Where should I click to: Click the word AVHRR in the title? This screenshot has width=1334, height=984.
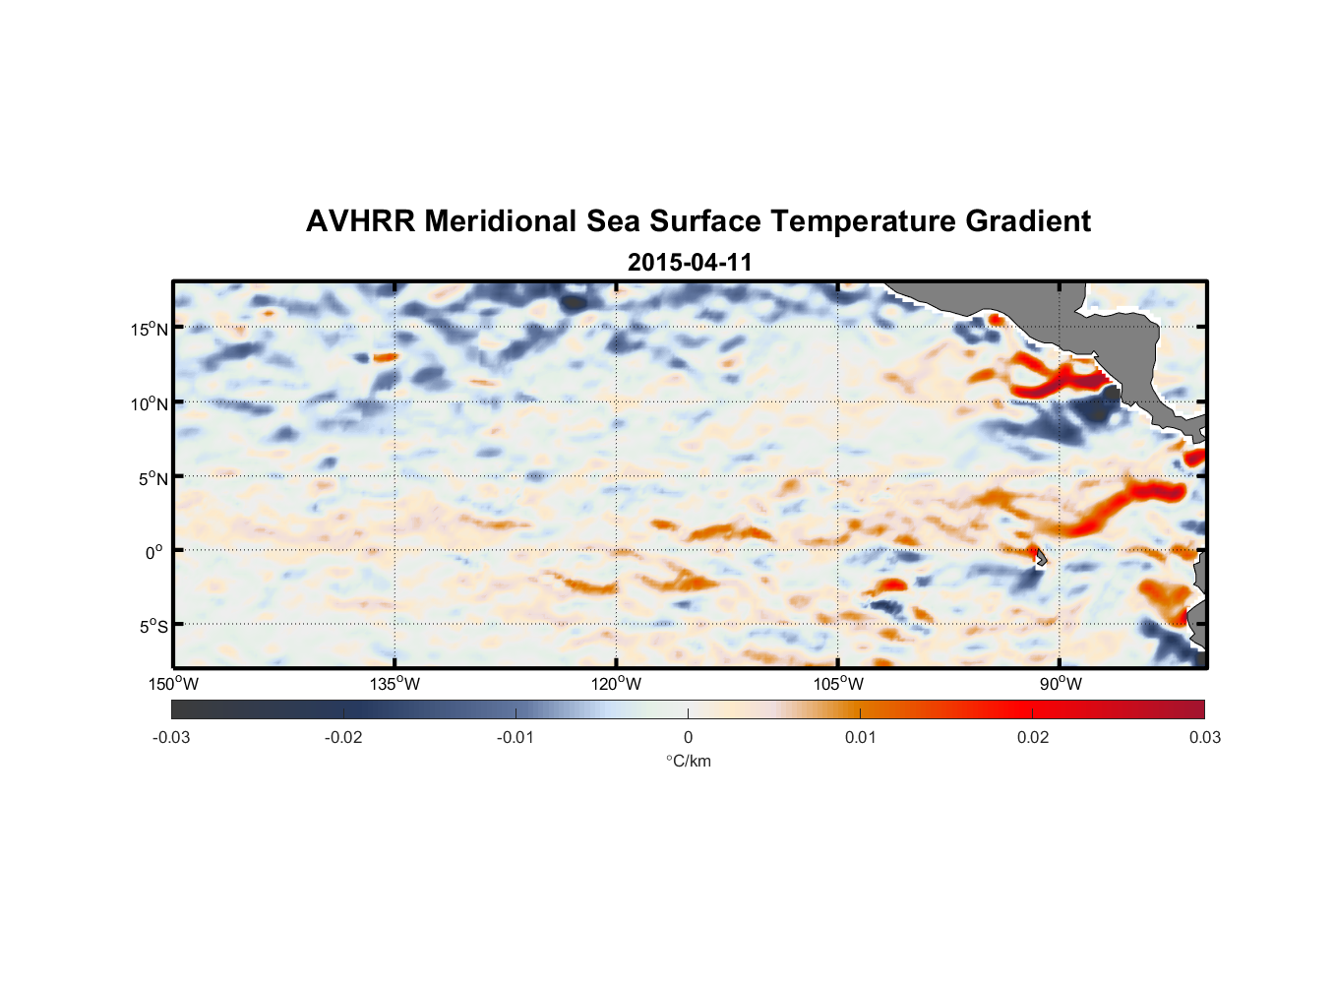pos(360,221)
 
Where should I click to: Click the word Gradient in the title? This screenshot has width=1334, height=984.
pos(1027,221)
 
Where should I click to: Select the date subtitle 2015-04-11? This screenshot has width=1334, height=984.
pos(690,263)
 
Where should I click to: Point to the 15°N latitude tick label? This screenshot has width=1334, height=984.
pos(150,329)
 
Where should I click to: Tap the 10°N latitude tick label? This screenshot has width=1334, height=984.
pos(150,403)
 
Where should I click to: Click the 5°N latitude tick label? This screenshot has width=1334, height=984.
pos(152,478)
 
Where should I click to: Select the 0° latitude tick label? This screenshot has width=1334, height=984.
pos(154,553)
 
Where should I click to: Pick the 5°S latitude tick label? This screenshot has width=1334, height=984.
pos(152,627)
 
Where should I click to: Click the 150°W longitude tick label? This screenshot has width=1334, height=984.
pos(174,684)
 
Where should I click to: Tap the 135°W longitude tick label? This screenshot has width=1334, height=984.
pos(395,684)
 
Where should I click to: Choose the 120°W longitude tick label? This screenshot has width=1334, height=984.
pos(617,684)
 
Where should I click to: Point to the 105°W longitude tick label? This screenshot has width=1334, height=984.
pos(838,684)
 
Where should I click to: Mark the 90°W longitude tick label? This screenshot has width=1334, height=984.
pos(1061,684)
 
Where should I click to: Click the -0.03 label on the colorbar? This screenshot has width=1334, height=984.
pos(171,738)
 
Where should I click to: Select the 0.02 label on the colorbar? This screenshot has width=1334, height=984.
pos(1032,738)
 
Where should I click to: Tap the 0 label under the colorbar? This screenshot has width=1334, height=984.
pos(688,738)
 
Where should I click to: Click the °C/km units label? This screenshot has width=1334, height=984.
pos(688,761)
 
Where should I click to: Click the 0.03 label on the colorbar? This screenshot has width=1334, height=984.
pos(1204,738)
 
